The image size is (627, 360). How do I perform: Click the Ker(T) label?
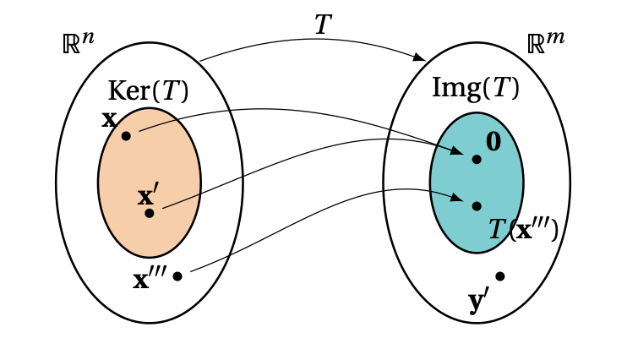pos(149,91)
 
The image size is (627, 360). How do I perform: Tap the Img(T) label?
pos(475,87)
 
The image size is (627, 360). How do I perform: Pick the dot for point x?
pos(126,135)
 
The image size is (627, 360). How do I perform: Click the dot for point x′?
pos(150,213)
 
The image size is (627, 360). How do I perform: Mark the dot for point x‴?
pos(177,275)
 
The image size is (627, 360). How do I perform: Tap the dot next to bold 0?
pos(477,159)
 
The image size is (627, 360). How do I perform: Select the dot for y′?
pos(500,276)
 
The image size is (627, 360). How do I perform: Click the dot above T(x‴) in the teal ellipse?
pos(477,206)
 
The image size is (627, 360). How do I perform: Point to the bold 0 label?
pos(493,141)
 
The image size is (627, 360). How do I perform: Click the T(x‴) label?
pos(523,230)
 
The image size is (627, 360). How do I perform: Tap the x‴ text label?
pos(150,277)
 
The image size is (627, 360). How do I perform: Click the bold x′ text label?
pos(147,197)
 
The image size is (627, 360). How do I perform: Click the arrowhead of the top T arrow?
pos(420,58)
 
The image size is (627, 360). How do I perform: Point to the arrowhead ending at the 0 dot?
pos(460,153)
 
